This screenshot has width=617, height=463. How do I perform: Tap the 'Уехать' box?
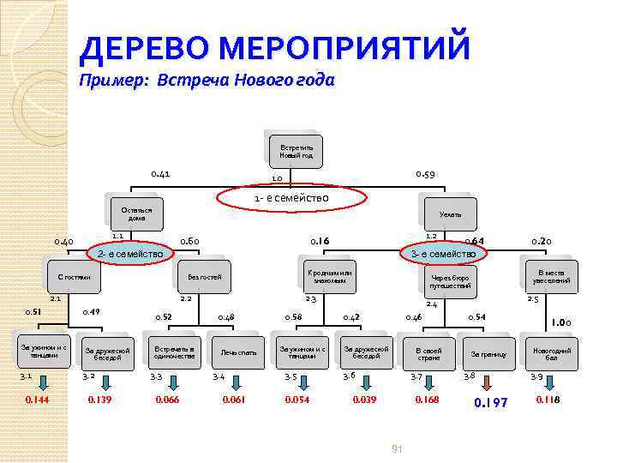click(451, 214)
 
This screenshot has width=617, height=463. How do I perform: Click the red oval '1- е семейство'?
click(291, 199)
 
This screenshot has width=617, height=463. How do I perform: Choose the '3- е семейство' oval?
click(443, 254)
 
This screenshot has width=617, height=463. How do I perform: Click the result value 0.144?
click(38, 400)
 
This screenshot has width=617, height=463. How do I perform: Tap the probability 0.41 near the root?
click(160, 174)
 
